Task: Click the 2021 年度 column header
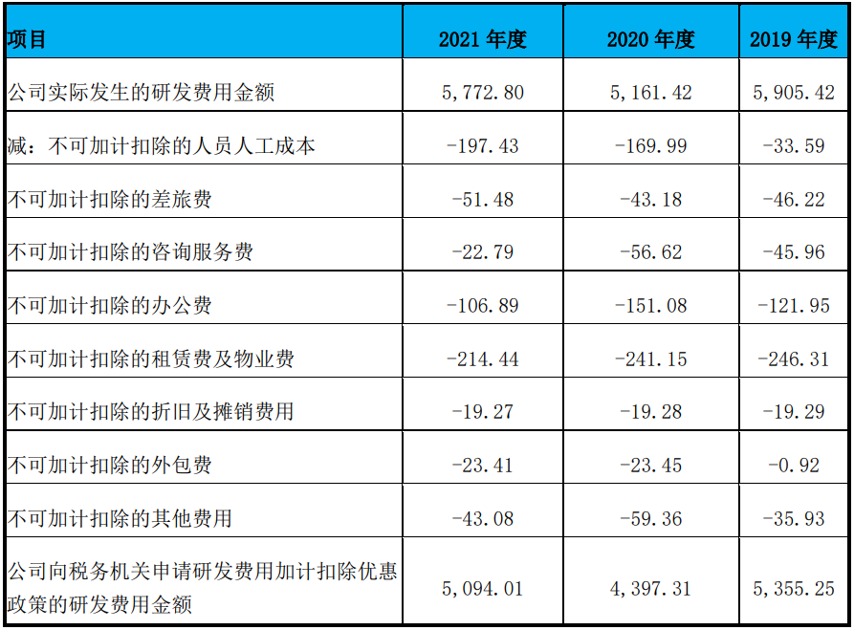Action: point(483,39)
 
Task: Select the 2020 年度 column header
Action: point(651,39)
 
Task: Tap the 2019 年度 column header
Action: point(794,39)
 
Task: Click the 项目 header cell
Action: point(26,39)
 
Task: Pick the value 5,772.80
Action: point(483,93)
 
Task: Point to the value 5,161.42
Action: point(651,93)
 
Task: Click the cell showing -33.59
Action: point(794,146)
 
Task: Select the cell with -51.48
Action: point(483,199)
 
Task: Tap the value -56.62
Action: point(651,252)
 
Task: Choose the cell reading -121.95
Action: point(794,306)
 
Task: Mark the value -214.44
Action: point(483,358)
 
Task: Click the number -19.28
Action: point(651,412)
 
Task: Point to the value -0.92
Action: point(794,465)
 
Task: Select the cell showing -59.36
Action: point(651,518)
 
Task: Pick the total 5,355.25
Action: point(794,589)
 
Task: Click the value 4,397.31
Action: point(651,589)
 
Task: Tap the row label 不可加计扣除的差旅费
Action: point(109,199)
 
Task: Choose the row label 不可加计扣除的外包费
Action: point(109,465)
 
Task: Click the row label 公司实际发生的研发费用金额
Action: point(141,93)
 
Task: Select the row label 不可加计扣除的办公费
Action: point(109,306)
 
